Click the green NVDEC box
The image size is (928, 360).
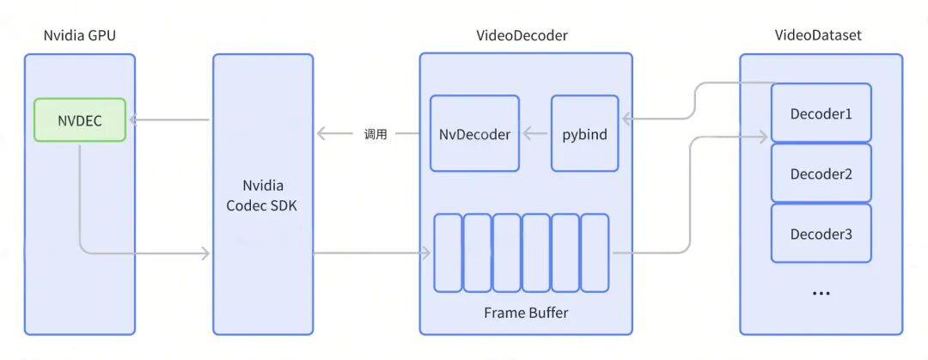(80, 120)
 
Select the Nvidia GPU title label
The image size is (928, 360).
(80, 35)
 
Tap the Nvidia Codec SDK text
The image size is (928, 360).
(262, 195)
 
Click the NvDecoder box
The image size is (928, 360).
(474, 134)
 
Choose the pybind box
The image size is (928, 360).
(584, 134)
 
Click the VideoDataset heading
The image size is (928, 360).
(818, 35)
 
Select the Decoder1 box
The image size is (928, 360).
(821, 113)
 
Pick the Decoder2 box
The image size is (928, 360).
(821, 174)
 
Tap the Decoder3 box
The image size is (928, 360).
(821, 234)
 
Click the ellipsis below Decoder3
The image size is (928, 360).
(821, 293)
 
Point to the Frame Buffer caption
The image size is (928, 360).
(525, 313)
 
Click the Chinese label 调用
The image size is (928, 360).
(375, 134)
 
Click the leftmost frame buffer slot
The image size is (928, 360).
(448, 253)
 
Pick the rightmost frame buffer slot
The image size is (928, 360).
(595, 253)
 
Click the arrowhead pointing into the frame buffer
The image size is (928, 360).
(426, 253)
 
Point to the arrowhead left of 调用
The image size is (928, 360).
(321, 134)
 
